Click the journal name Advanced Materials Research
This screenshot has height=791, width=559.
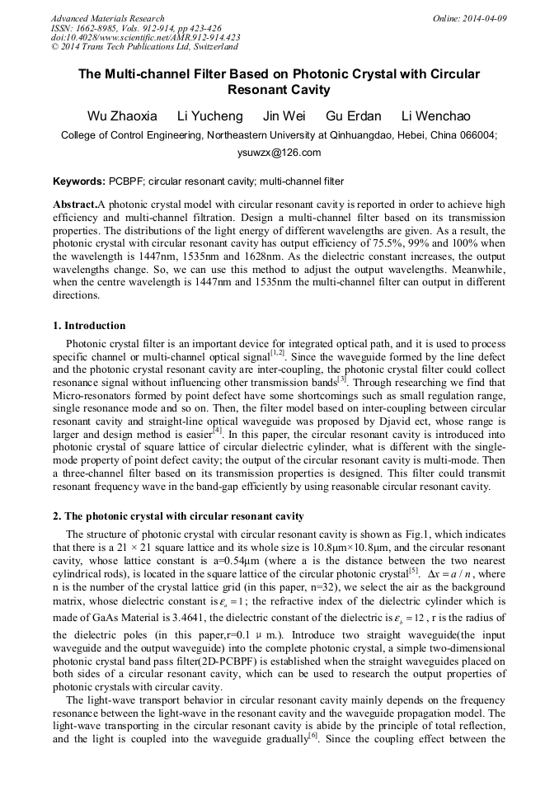point(107,18)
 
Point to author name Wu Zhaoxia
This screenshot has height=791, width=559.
point(122,116)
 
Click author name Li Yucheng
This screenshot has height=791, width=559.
point(210,116)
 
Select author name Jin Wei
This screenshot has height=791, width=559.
point(284,116)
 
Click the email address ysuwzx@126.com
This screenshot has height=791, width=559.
point(279,153)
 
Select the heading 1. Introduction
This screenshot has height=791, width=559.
point(89,326)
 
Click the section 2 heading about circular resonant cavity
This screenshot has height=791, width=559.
point(178,516)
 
